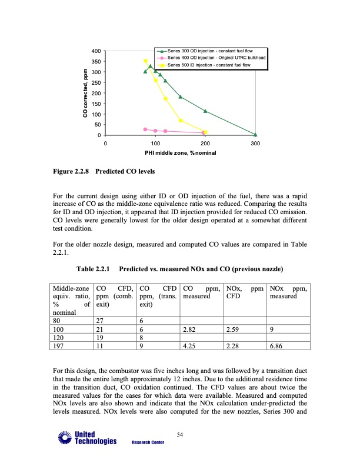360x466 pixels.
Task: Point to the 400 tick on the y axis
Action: point(95,51)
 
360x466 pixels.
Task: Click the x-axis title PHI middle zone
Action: point(181,153)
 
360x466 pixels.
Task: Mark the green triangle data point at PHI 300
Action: point(255,135)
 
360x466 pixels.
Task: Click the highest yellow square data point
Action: point(145,61)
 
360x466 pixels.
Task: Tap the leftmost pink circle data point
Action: point(145,129)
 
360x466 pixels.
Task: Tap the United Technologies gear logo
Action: point(63,437)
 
